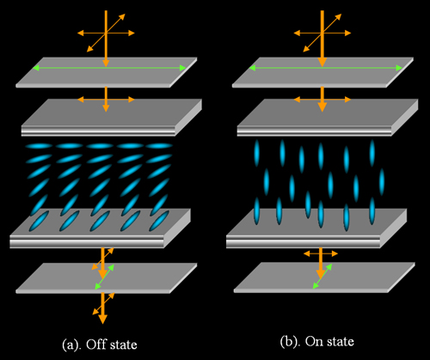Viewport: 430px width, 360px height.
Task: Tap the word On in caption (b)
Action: tap(314, 341)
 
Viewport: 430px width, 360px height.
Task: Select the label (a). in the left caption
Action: tap(71, 345)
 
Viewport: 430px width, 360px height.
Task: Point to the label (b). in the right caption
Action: tap(290, 341)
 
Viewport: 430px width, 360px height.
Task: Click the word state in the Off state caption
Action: tap(123, 345)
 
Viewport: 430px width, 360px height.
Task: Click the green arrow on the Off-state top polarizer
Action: tap(109, 68)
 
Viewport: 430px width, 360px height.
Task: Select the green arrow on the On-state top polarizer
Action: tap(326, 68)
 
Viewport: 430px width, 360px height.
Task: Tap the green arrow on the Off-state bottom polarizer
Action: tap(105, 277)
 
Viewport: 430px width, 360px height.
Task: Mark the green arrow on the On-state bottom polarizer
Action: tap(322, 276)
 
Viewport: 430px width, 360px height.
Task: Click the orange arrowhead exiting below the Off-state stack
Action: tap(102, 319)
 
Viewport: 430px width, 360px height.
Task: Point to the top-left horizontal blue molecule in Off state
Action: tap(39, 146)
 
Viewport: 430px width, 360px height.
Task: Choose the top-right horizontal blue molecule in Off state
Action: tap(159, 146)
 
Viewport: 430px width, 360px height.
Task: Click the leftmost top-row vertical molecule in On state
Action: tap(256, 153)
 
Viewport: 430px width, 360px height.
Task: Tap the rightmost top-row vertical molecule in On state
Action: tap(372, 153)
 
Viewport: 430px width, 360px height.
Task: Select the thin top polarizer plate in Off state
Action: tap(107, 72)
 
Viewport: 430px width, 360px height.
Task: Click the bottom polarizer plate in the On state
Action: tap(324, 278)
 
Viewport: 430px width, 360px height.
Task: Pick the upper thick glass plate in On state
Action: tap(328, 118)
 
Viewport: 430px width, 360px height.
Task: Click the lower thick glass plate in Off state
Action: tap(100, 229)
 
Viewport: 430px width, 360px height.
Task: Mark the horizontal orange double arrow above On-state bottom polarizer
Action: tap(321, 253)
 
